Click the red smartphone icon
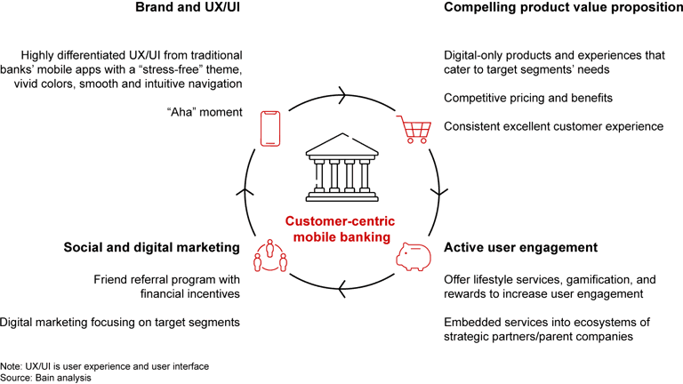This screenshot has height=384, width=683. tap(271, 128)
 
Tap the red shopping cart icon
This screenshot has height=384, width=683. tap(411, 131)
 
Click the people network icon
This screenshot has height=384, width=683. tap(271, 255)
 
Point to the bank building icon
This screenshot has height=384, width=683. tap(341, 168)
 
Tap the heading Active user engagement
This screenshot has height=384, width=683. tap(520, 246)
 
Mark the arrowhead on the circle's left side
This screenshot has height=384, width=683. tap(243, 190)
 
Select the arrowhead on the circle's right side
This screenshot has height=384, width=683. tap(439, 190)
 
